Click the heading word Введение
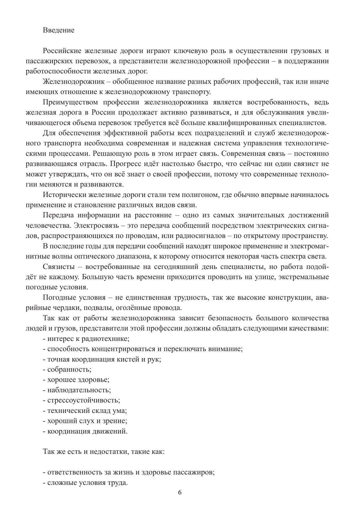pos(59,30)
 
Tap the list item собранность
pos(67,369)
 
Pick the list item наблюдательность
pos(77,390)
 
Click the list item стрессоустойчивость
pos(82,400)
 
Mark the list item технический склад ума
pos(85,411)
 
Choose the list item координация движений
pos(85,431)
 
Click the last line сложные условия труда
pos(86,483)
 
